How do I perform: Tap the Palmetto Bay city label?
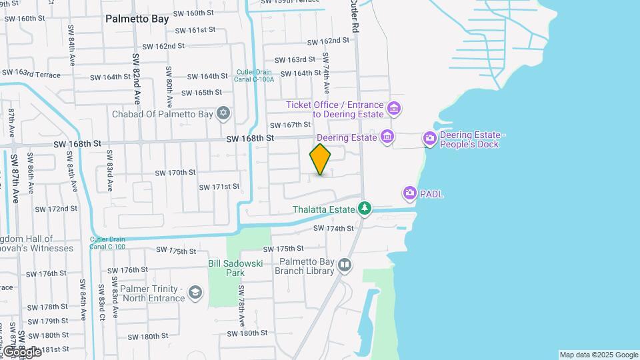[x=137, y=19]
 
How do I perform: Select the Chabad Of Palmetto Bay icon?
[x=223, y=113]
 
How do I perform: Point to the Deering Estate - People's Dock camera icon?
[x=430, y=139]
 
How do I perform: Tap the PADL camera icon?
[x=409, y=194]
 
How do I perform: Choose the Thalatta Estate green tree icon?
[x=365, y=209]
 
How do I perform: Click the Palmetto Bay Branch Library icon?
[x=345, y=265]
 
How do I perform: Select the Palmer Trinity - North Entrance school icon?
[x=195, y=293]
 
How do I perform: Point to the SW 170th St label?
[x=175, y=173]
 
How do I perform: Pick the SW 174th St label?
[x=333, y=229]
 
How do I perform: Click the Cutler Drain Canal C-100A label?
[x=254, y=76]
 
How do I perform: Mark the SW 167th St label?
[x=290, y=125]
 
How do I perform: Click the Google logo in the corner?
[x=22, y=351]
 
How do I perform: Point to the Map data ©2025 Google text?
[x=599, y=355]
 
